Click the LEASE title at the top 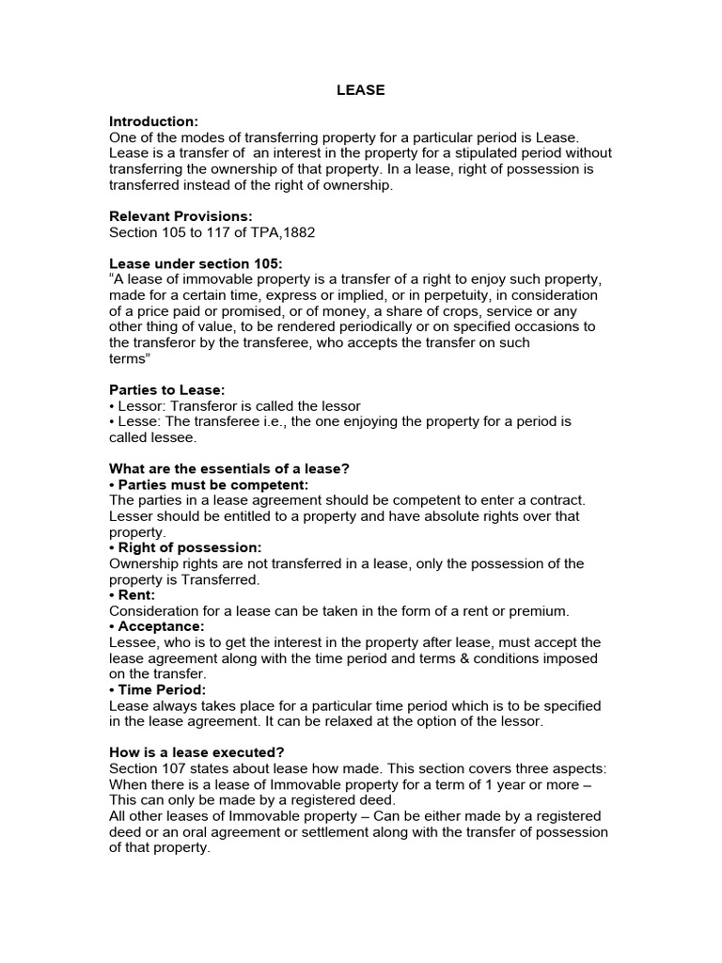tap(361, 91)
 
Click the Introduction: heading tap(154, 121)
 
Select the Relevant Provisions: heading tap(180, 216)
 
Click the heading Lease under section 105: tap(196, 264)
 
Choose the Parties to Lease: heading tap(167, 390)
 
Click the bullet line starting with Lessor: tap(235, 406)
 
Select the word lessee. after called tap(179, 437)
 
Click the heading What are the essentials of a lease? tap(235, 469)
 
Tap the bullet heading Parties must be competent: tap(209, 484)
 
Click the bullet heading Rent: tap(132, 595)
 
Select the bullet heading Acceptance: tap(157, 626)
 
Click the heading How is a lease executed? tap(196, 752)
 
